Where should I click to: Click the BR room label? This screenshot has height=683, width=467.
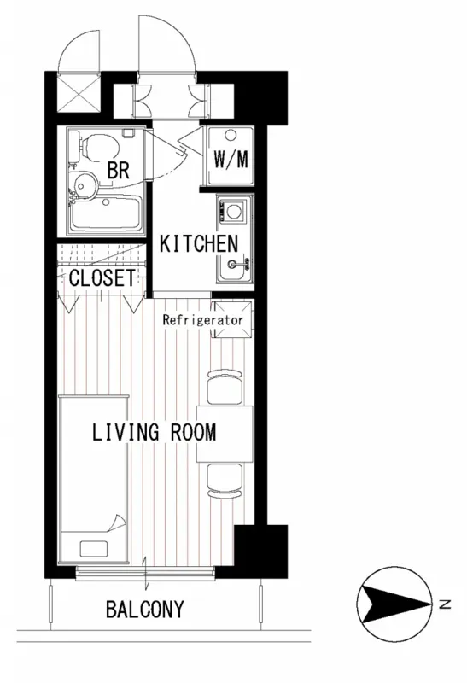pyautogui.click(x=119, y=170)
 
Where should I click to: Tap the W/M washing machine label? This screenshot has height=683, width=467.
pyautogui.click(x=231, y=160)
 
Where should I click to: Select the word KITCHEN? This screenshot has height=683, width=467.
pyautogui.click(x=199, y=244)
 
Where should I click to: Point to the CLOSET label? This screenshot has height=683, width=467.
pyautogui.click(x=102, y=278)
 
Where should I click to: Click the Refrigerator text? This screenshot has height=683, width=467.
pyautogui.click(x=202, y=321)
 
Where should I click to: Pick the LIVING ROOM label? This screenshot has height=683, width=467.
pyautogui.click(x=155, y=433)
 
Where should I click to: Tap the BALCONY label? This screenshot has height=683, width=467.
pyautogui.click(x=145, y=609)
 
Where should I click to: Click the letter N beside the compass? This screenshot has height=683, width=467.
pyautogui.click(x=445, y=604)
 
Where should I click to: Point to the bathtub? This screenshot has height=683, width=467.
pyautogui.click(x=107, y=214)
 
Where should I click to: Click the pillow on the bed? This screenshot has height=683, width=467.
pyautogui.click(x=94, y=548)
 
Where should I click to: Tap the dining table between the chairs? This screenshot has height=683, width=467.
pyautogui.click(x=225, y=434)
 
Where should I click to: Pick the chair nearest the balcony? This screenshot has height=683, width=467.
pyautogui.click(x=225, y=481)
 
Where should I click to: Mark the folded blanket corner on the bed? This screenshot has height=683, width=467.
pyautogui.click(x=117, y=522)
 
